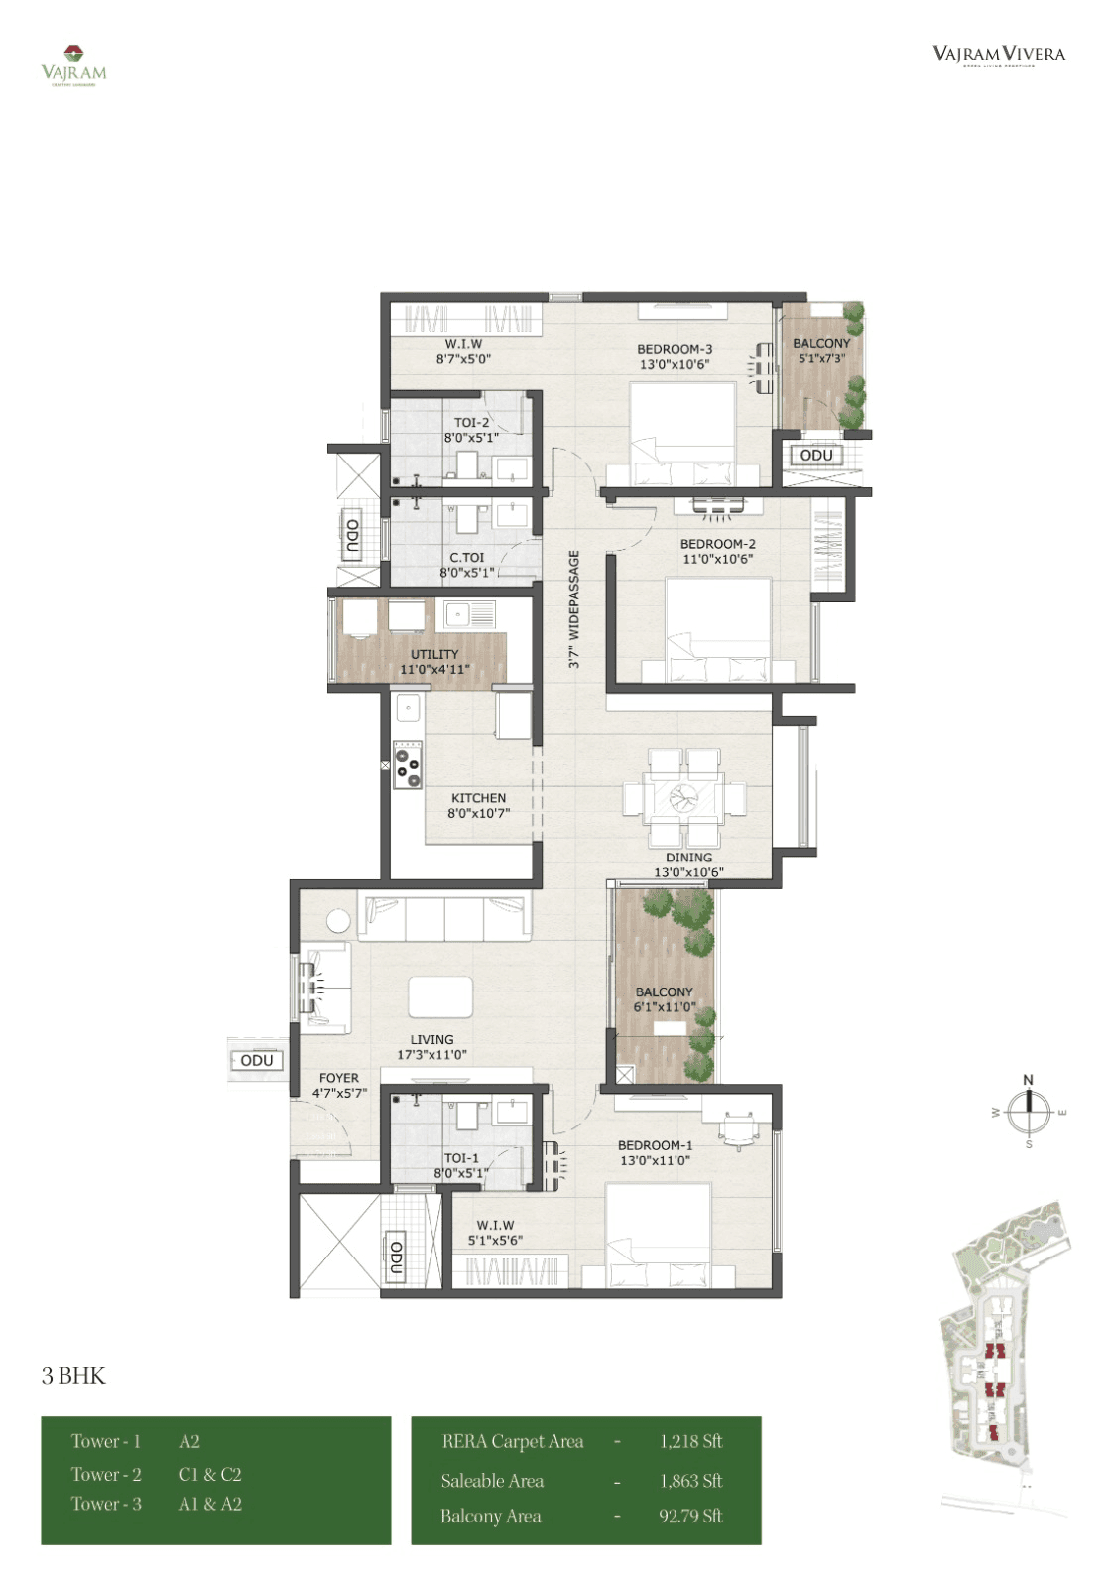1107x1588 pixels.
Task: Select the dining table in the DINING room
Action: [684, 797]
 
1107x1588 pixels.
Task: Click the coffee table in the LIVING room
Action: [440, 996]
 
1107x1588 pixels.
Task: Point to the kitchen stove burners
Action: [407, 764]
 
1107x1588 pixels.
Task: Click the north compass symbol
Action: [1029, 1111]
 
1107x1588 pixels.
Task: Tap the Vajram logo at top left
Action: [73, 66]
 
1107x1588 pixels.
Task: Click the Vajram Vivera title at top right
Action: [998, 55]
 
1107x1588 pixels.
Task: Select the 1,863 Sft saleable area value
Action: [690, 1481]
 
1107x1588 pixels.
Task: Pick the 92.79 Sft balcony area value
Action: [690, 1516]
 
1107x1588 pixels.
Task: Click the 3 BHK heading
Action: [73, 1376]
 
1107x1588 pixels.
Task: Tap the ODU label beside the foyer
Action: [257, 1060]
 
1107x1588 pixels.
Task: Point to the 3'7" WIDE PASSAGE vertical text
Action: [574, 609]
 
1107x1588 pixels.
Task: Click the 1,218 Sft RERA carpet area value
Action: [690, 1441]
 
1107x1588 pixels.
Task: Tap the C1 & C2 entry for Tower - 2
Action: [209, 1474]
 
